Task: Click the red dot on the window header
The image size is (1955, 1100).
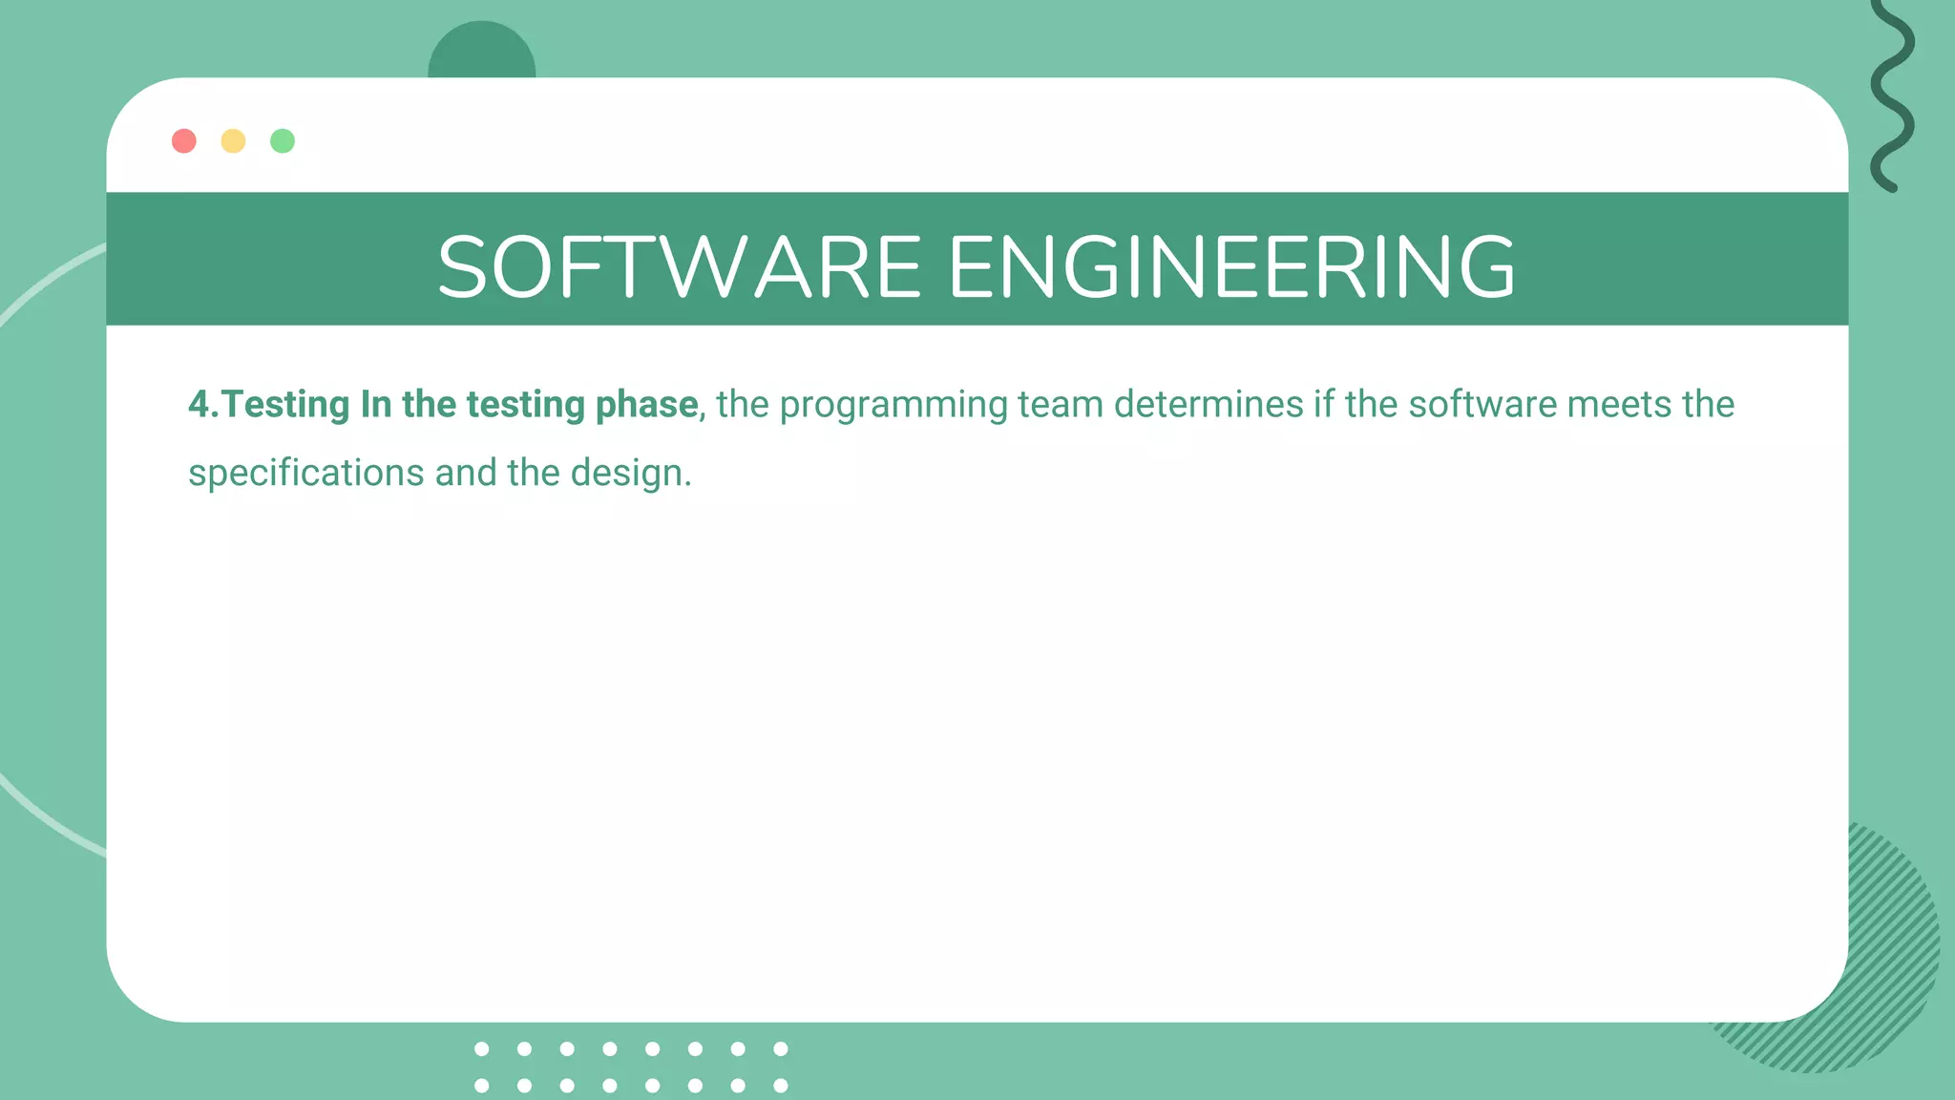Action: [x=184, y=141]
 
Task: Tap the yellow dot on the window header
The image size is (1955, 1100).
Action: [x=233, y=141]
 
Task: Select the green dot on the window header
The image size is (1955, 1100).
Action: [x=283, y=141]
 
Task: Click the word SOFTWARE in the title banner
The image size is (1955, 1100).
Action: [x=679, y=267]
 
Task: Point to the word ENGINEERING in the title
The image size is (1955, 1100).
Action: [x=1231, y=267]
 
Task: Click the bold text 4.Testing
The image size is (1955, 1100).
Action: [x=269, y=405]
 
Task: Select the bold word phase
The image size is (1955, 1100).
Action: [x=646, y=405]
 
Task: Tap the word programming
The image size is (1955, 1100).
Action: [x=893, y=405]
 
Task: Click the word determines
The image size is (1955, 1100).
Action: [x=1209, y=405]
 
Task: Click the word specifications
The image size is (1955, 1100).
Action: [x=306, y=474]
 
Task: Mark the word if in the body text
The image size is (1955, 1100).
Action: [x=1324, y=405]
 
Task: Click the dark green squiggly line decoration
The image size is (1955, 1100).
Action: [x=1892, y=95]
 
